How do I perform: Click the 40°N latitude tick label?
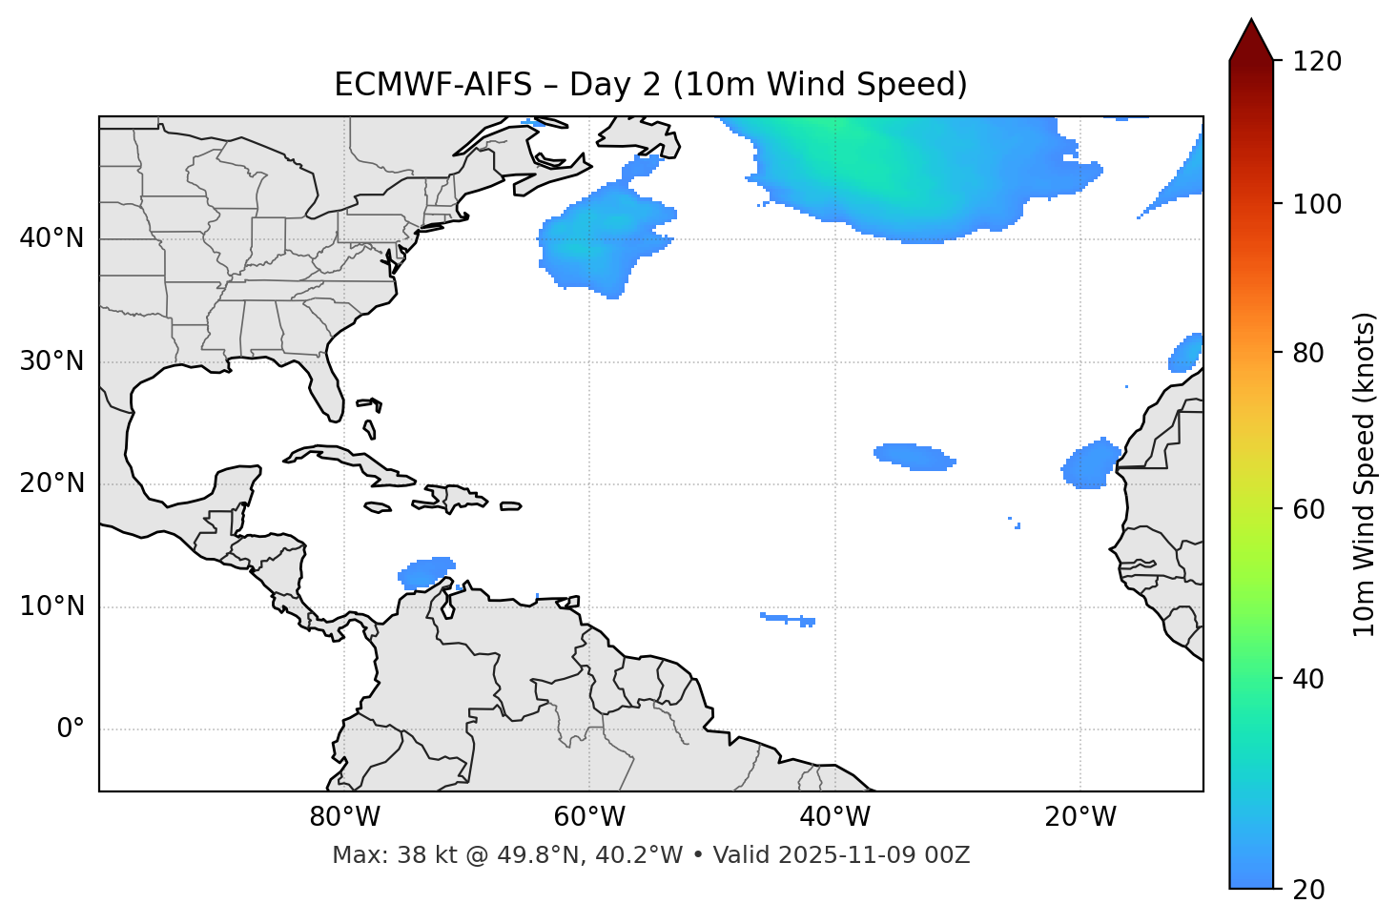coord(51,238)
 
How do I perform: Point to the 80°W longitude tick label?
coord(344,817)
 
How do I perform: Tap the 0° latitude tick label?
coord(71,729)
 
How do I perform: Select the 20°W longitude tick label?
coord(1080,817)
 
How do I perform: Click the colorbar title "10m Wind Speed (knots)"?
coord(1365,475)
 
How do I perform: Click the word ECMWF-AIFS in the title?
coord(433,85)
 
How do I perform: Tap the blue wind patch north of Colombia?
coord(425,572)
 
